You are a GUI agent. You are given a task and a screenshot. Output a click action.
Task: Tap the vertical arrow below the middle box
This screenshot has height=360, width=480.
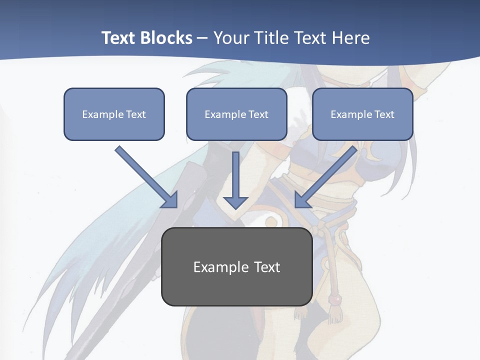point(235,175)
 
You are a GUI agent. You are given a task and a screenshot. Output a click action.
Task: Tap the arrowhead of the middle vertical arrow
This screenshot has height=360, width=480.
point(235,202)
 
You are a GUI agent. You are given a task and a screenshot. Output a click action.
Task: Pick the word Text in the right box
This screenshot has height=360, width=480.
point(384,114)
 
